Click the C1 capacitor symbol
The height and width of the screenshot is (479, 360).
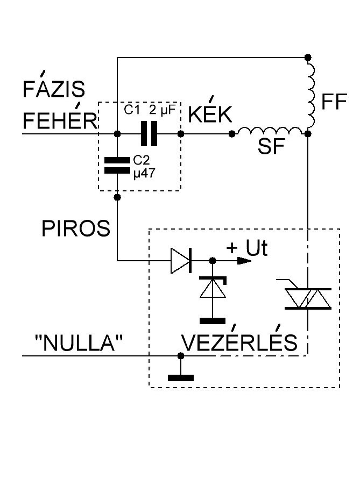pyautogui.click(x=149, y=133)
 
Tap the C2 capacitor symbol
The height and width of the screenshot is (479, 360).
pyautogui.click(x=117, y=165)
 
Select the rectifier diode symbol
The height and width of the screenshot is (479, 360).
pyautogui.click(x=181, y=261)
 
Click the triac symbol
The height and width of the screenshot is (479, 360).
pyautogui.click(x=308, y=298)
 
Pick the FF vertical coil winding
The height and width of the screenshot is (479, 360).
pyautogui.click(x=310, y=95)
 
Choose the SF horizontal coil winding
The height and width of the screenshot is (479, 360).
pyautogui.click(x=270, y=131)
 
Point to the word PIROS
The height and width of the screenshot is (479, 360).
pyautogui.click(x=75, y=228)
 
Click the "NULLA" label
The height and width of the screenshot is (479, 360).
pyautogui.click(x=79, y=342)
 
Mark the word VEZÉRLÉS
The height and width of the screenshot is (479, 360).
pyautogui.click(x=239, y=339)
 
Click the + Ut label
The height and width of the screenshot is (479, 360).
pyautogui.click(x=247, y=248)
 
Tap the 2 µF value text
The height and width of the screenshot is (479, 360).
pyautogui.click(x=162, y=110)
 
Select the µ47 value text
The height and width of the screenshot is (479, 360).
pyautogui.click(x=144, y=174)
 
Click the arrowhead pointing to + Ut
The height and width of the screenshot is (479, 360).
pyautogui.click(x=244, y=261)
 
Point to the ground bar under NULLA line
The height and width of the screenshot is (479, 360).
pyautogui.click(x=181, y=378)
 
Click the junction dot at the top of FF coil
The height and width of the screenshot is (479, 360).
pyautogui.click(x=308, y=57)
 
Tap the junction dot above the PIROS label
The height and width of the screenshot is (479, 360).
pyautogui.click(x=117, y=197)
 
